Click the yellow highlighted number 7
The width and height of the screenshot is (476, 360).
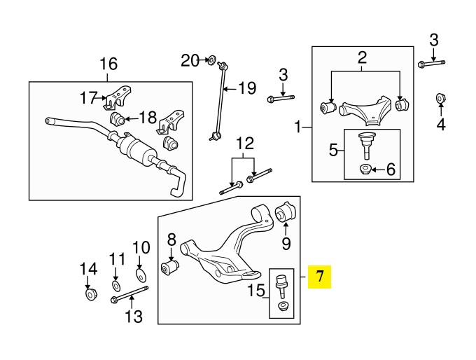[x=320, y=277]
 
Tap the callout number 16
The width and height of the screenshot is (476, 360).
[x=108, y=64]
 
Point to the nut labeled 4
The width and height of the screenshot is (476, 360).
[x=441, y=97]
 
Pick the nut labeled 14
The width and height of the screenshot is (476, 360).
[x=90, y=293]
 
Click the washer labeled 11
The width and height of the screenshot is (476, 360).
[x=116, y=286]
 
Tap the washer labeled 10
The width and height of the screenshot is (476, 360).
[x=140, y=273]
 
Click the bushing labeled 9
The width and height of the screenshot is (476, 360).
[x=286, y=212]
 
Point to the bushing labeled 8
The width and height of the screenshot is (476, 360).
[x=170, y=267]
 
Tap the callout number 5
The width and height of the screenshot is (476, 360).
[x=334, y=149]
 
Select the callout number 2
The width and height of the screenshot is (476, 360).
[x=363, y=58]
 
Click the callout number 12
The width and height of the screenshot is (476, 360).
[x=244, y=144]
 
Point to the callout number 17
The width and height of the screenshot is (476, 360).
[x=87, y=99]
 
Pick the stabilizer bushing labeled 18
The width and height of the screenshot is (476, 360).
[x=118, y=118]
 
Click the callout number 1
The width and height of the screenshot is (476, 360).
[x=299, y=128]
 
